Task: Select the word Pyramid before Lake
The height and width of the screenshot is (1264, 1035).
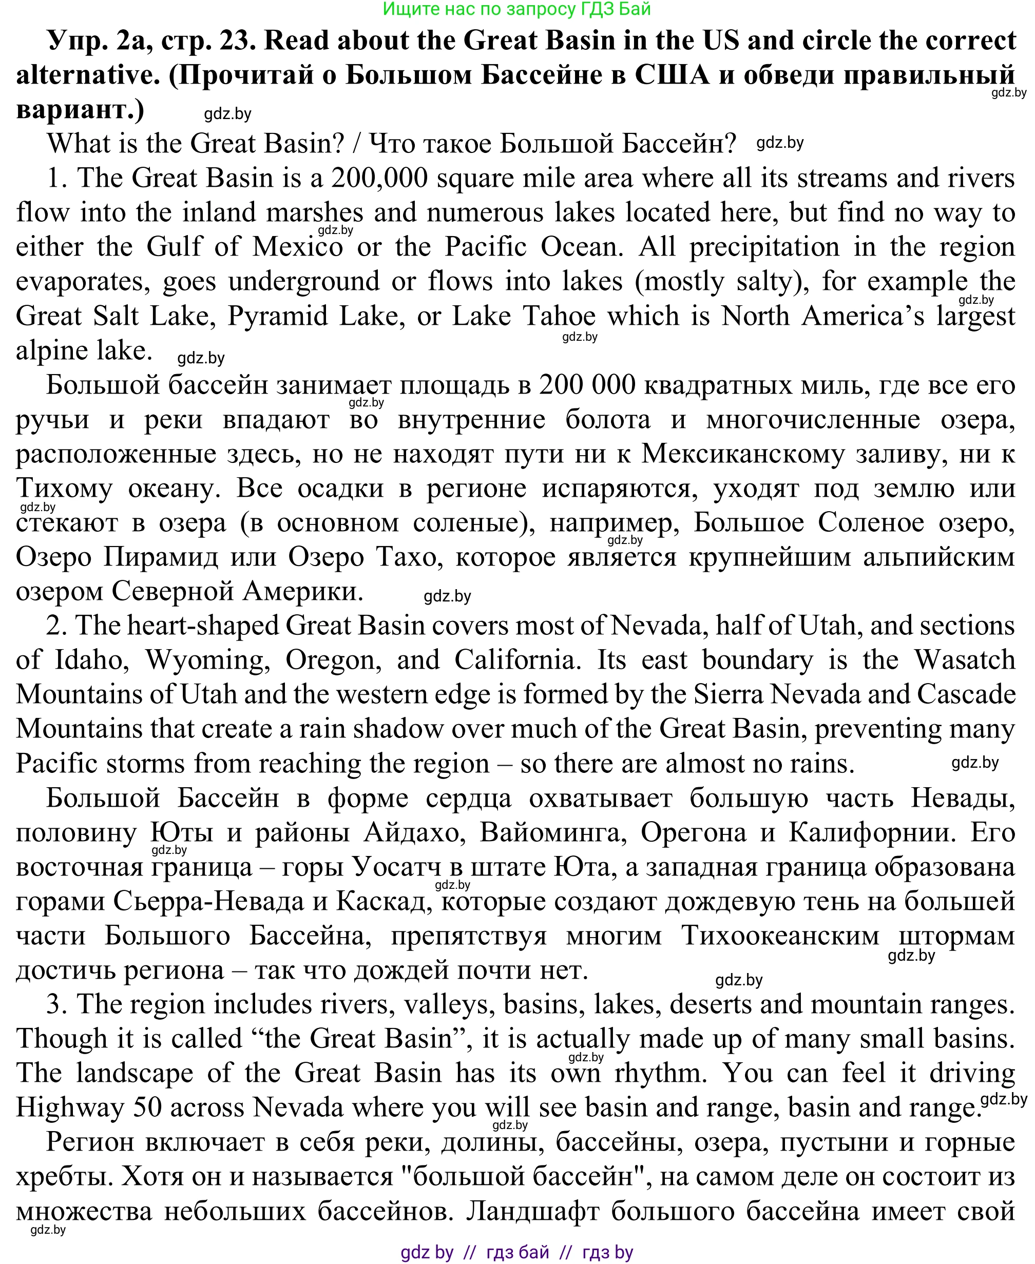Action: pyautogui.click(x=278, y=316)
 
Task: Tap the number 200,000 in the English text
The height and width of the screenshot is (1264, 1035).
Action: pyautogui.click(x=379, y=178)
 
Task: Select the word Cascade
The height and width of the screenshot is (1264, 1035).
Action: pyautogui.click(x=966, y=694)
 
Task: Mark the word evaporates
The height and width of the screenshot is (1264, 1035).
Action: pyautogui.click(x=83, y=281)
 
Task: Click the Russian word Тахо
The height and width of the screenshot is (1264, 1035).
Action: pyautogui.click(x=409, y=557)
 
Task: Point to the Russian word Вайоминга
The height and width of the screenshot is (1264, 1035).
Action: pyautogui.click(x=553, y=832)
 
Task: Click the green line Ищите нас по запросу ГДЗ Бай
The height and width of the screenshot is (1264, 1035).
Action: pyautogui.click(x=516, y=9)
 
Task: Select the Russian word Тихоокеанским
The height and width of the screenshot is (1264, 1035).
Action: pyautogui.click(x=780, y=936)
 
